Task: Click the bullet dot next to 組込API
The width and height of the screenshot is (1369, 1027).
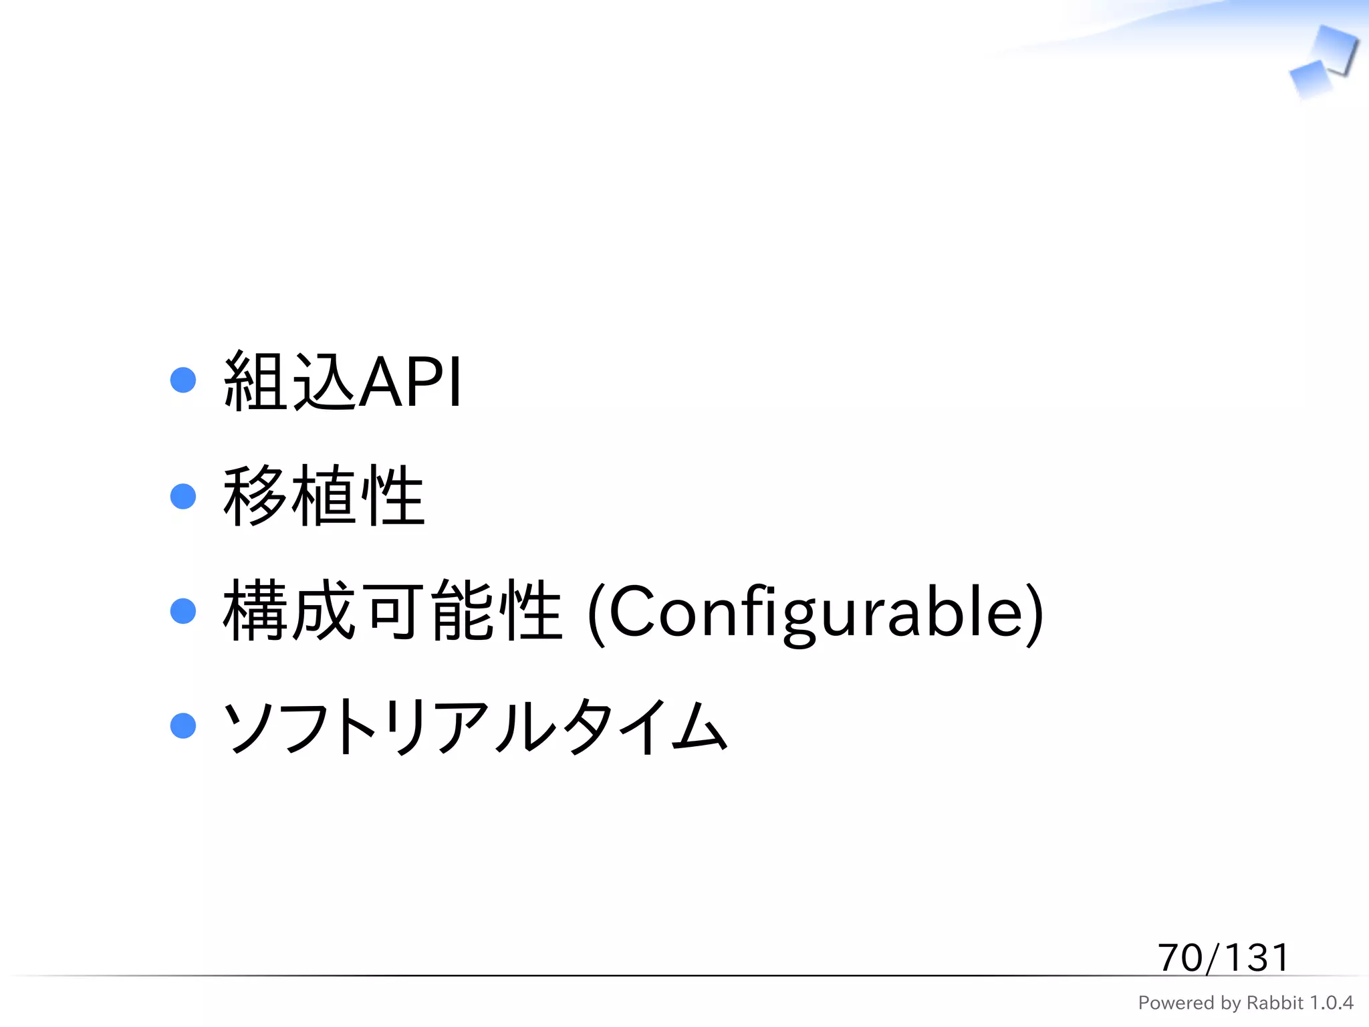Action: (183, 380)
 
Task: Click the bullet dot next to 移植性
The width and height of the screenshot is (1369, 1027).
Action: (183, 496)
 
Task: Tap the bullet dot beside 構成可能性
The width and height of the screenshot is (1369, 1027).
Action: (183, 611)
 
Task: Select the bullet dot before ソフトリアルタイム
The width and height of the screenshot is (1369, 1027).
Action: (183, 726)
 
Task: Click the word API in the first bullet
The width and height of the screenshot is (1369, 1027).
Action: (410, 382)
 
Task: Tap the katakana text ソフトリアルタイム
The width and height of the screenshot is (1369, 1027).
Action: (475, 727)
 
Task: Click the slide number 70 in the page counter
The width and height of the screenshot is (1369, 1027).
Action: (1180, 957)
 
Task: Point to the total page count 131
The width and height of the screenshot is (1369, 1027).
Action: (1257, 957)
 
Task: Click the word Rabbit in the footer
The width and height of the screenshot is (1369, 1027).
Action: (1275, 1003)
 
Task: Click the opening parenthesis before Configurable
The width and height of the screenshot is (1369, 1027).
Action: (596, 614)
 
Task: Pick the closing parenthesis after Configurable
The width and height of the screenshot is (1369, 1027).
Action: (1034, 614)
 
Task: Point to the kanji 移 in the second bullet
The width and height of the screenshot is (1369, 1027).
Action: (255, 496)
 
